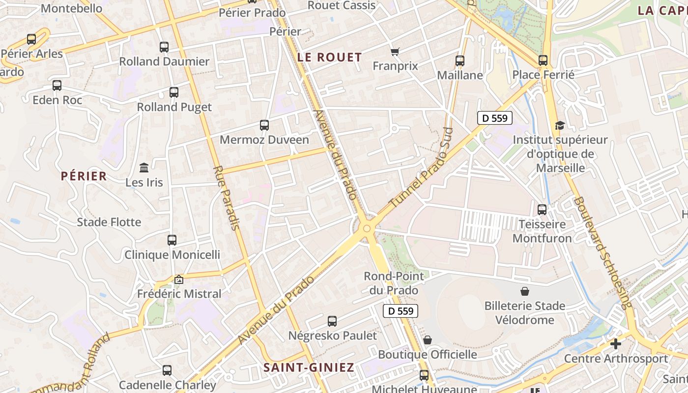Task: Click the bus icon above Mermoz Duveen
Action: coord(264,125)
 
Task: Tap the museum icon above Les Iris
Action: coord(144,168)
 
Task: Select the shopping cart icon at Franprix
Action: coord(395,52)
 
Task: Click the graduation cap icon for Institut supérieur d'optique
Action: coord(560,126)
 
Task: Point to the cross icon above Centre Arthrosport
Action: coord(615,344)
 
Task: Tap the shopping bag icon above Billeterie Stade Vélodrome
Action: coord(525,291)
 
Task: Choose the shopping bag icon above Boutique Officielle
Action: coord(428,340)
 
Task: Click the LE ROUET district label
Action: coord(330,57)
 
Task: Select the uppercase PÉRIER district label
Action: coord(84,176)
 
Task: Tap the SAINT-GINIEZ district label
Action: coord(309,367)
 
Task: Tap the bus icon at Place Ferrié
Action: coord(543,60)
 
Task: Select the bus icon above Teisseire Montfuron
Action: coord(542,210)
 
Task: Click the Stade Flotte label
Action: coord(109,222)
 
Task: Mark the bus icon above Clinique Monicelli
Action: coord(172,240)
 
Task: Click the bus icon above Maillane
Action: coord(460,61)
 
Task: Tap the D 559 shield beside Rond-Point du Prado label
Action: coord(401,311)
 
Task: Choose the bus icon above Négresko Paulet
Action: coord(332,321)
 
